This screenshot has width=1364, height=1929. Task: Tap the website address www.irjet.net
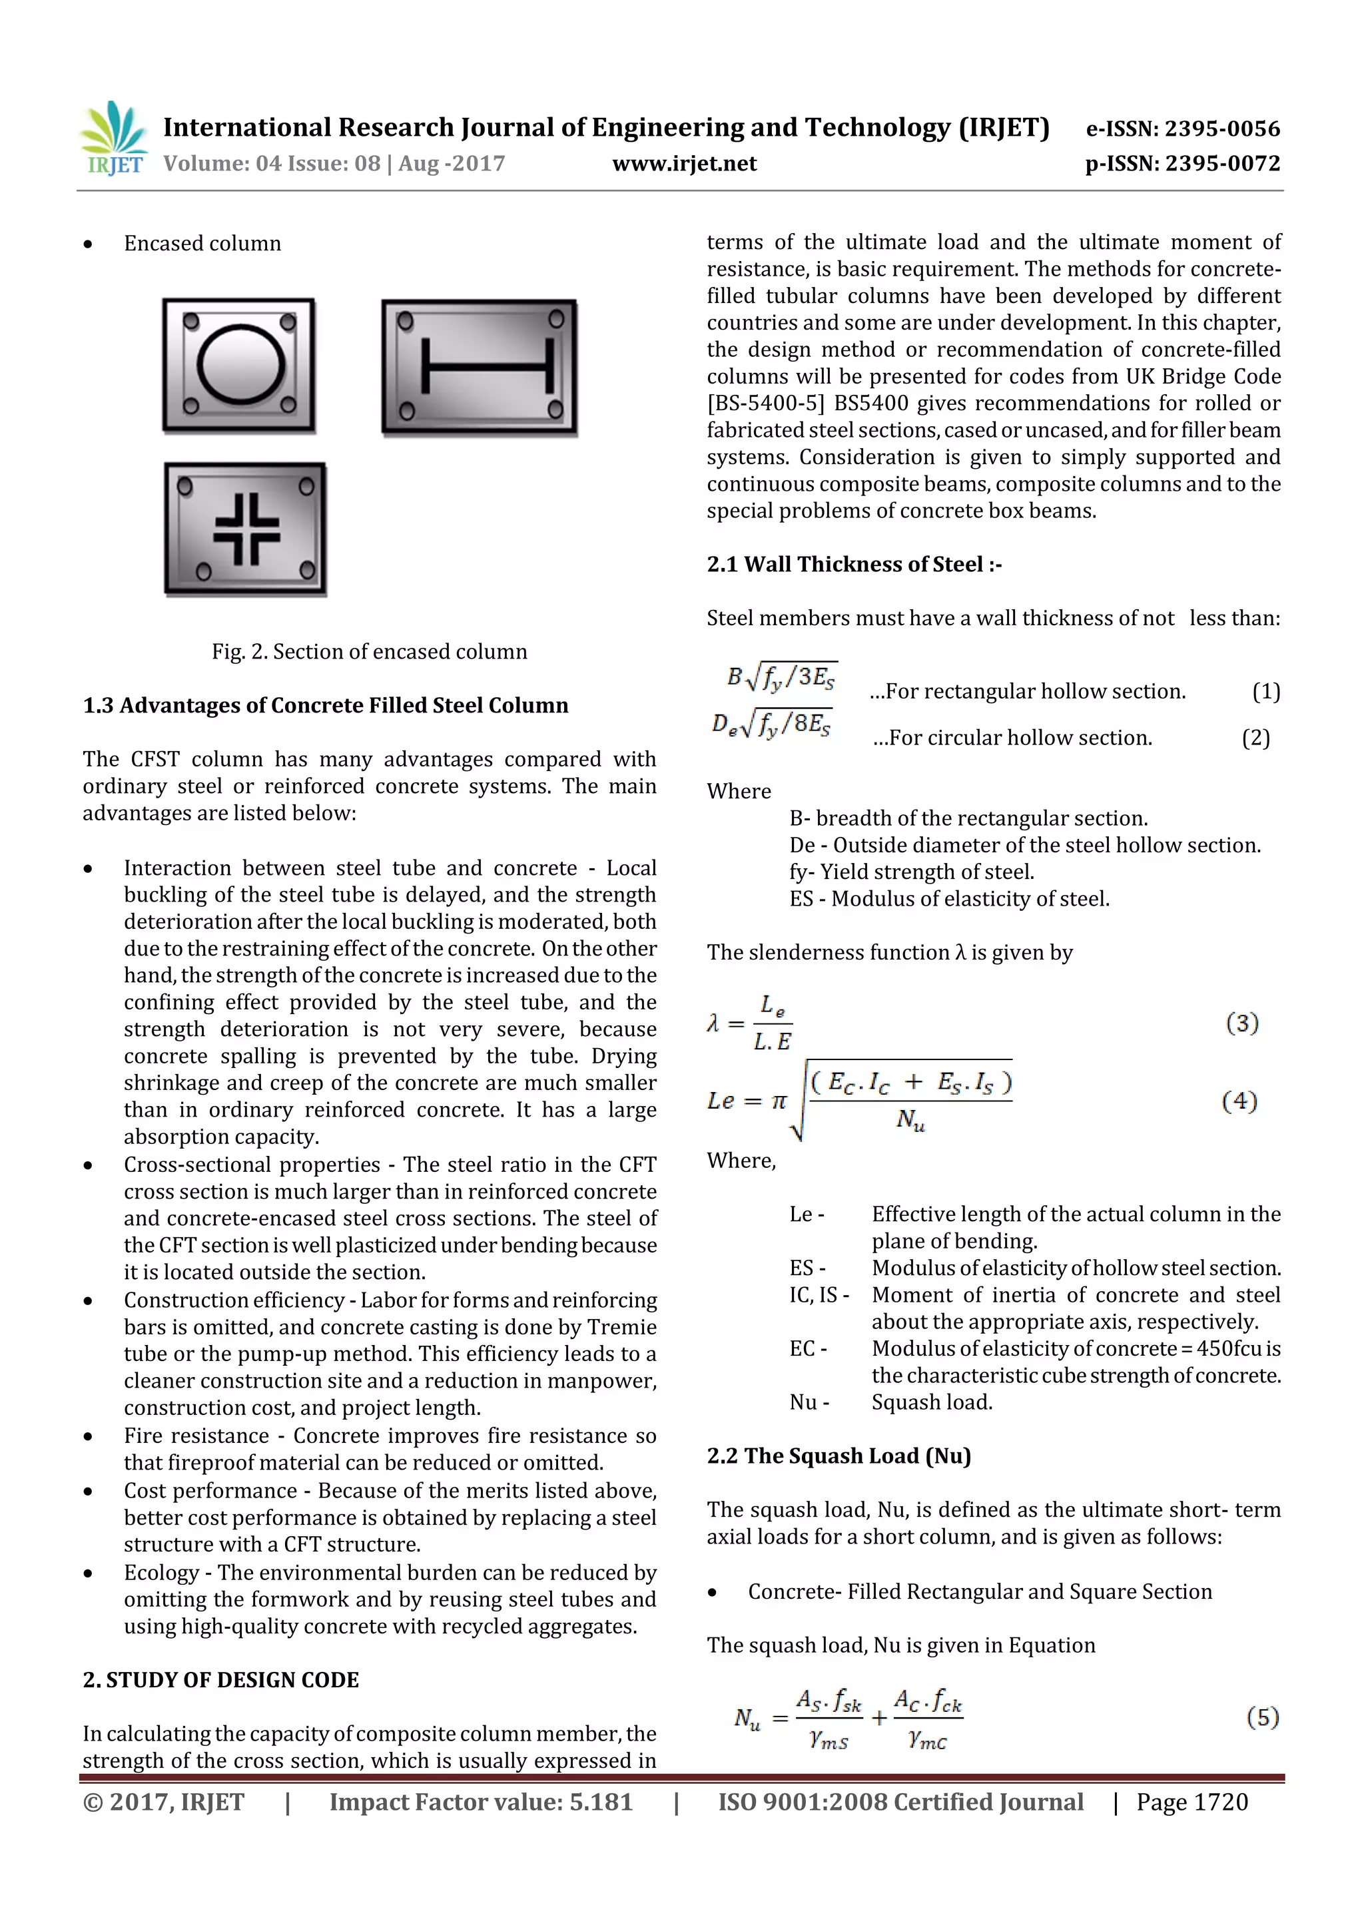click(x=684, y=164)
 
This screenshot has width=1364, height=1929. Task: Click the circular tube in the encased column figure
click(x=240, y=366)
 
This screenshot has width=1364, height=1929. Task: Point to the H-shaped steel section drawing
click(x=488, y=366)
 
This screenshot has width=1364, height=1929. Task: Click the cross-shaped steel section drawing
click(x=245, y=529)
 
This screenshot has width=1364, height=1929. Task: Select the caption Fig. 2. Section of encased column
click(x=369, y=651)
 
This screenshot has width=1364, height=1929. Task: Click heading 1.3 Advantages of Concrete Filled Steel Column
click(x=325, y=705)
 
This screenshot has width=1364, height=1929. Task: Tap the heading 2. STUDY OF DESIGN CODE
click(x=220, y=1679)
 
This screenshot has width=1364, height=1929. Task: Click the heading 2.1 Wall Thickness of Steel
click(x=854, y=564)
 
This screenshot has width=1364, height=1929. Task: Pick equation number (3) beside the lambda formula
click(x=1241, y=1023)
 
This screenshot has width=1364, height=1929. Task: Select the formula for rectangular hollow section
click(x=783, y=677)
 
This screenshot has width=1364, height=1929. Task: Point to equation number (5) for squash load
click(x=1262, y=1717)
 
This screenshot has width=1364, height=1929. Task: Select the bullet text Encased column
click(x=202, y=244)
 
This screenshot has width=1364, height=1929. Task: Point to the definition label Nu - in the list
click(x=809, y=1402)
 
